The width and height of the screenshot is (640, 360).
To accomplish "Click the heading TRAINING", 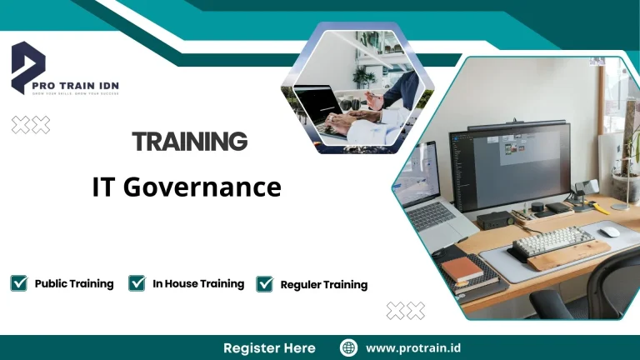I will [190, 142].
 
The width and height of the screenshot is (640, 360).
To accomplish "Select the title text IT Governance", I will [187, 187].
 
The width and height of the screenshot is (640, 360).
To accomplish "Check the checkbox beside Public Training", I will [18, 283].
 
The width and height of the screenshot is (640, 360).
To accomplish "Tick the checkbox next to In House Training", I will [137, 283].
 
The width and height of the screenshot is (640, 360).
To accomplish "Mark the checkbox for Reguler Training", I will [265, 284].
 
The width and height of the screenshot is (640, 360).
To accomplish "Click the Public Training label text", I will [74, 283].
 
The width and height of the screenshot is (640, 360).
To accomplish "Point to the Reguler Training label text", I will [323, 285].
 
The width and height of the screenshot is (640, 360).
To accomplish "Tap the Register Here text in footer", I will [269, 347].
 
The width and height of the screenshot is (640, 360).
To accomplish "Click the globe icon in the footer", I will [349, 347].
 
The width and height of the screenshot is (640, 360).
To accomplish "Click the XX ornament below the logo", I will [31, 125].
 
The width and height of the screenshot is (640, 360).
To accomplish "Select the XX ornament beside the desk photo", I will [406, 311].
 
